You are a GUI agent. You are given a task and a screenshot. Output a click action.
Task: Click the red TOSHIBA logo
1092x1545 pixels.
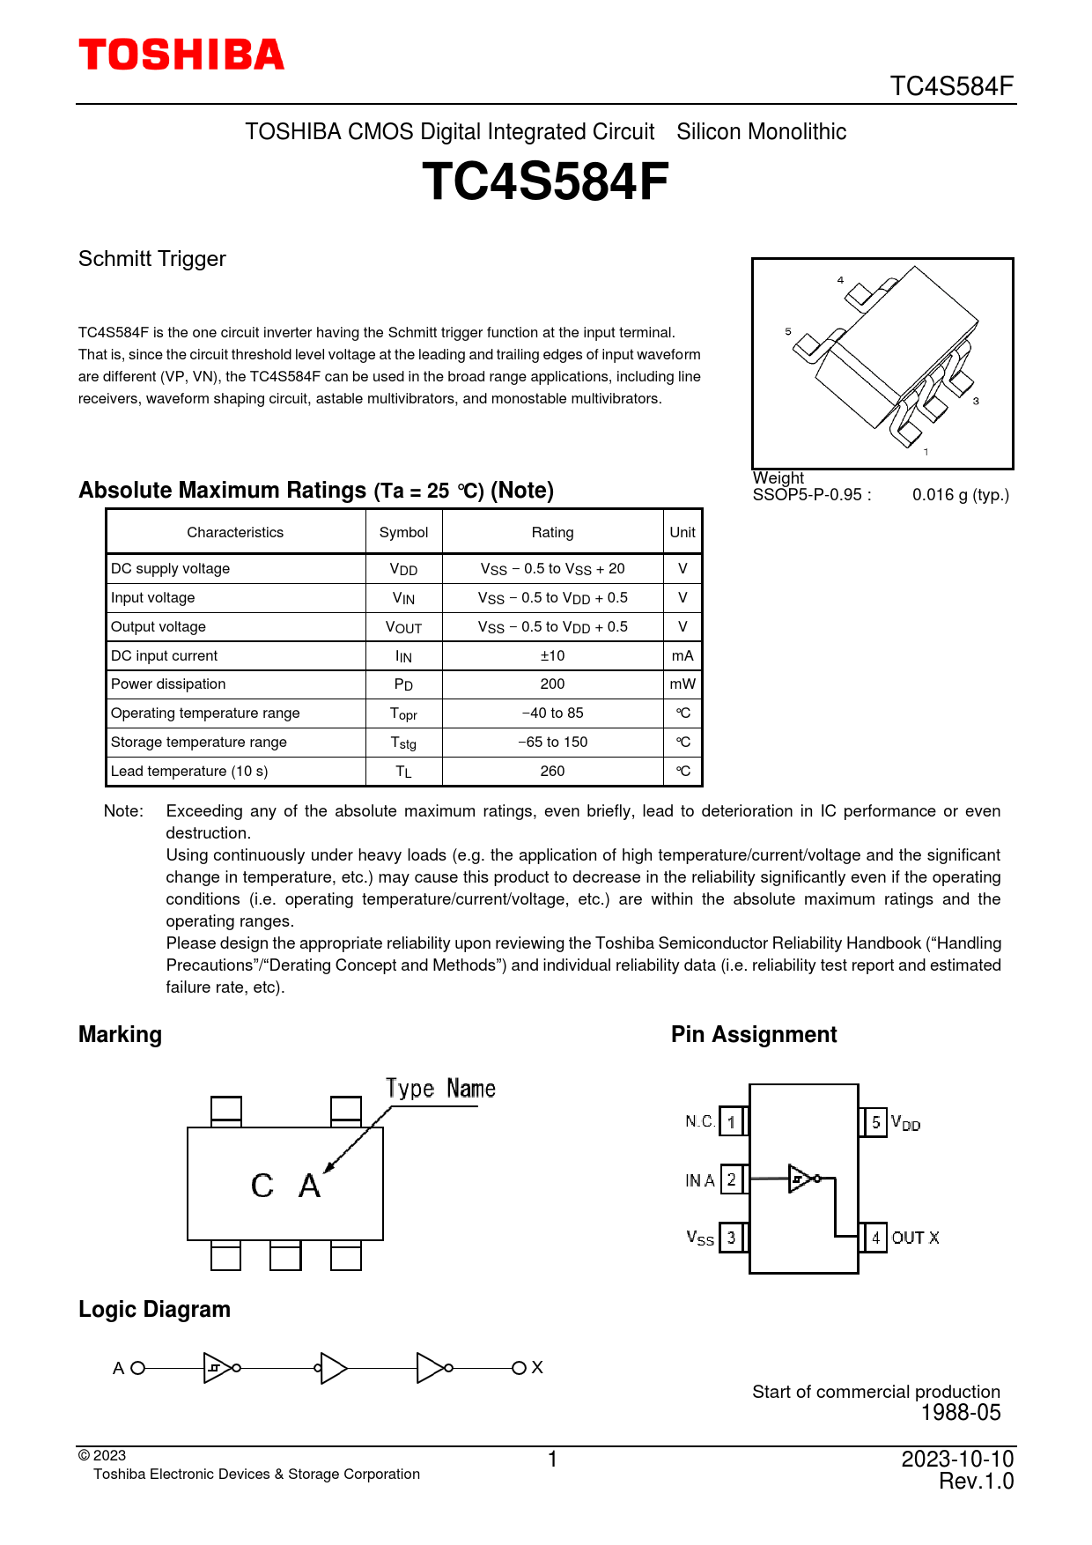coord(181,55)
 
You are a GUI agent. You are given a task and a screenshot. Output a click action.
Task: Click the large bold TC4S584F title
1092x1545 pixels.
coord(545,181)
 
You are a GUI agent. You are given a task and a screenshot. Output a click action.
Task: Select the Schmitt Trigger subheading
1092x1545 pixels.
coord(152,259)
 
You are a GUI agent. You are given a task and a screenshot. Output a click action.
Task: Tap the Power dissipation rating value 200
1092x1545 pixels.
coord(552,684)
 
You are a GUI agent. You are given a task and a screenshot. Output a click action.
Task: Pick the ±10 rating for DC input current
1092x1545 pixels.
coord(552,655)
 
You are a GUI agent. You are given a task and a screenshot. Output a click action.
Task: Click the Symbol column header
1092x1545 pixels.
coord(403,532)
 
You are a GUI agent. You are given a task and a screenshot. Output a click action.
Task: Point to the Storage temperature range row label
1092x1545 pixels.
coord(199,743)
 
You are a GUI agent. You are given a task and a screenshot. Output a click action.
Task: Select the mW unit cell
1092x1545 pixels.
coord(682,684)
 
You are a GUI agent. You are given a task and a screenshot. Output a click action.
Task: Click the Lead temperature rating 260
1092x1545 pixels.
coord(552,772)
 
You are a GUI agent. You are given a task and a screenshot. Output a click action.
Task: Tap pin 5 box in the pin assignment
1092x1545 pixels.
coord(875,1122)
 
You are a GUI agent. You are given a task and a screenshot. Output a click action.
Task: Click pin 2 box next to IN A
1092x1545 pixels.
coord(732,1179)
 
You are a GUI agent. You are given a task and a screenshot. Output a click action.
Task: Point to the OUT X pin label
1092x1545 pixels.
coord(915,1238)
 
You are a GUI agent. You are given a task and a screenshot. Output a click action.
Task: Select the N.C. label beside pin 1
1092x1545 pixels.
coord(700,1121)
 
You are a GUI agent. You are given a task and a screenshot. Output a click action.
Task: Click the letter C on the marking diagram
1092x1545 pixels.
coord(262,1186)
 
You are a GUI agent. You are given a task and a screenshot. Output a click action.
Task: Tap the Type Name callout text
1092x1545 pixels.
coord(440,1089)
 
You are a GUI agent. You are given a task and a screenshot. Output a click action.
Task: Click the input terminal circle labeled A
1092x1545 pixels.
coord(137,1368)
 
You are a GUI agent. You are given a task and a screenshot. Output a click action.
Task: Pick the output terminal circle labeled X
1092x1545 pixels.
coord(519,1368)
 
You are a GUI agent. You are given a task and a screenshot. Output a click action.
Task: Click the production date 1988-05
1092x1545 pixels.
coord(961,1413)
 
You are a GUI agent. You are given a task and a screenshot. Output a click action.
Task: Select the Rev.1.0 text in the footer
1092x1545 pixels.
coord(976,1482)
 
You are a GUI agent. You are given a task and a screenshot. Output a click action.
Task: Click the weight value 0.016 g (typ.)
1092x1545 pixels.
coord(961,495)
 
